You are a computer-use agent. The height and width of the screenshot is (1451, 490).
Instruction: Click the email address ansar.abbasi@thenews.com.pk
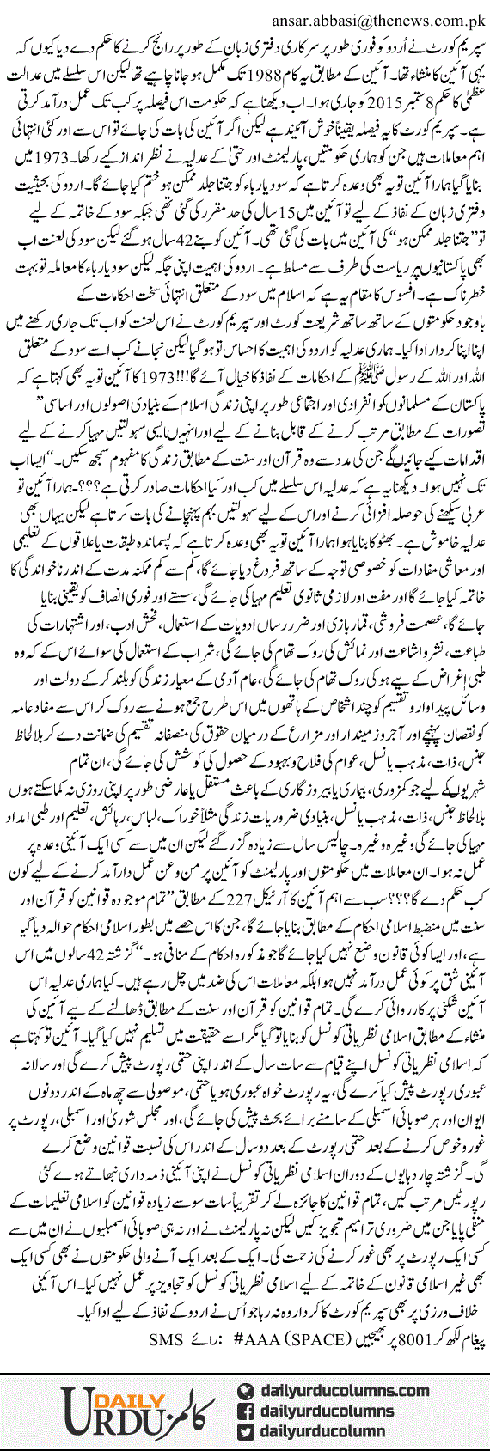tap(378, 15)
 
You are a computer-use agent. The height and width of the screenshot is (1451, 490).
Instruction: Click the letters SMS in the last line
tap(163, 1338)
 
